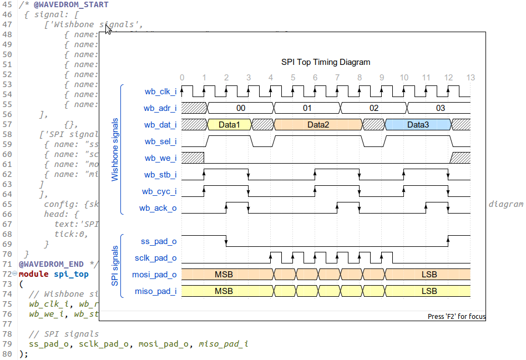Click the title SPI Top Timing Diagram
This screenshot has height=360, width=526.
pyautogui.click(x=326, y=62)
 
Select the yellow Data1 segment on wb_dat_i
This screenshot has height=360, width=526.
pyautogui.click(x=229, y=125)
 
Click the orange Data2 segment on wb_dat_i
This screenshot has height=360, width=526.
pyautogui.click(x=318, y=125)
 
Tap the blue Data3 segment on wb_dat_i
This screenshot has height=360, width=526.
pyautogui.click(x=418, y=125)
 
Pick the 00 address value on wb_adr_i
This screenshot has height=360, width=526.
pyautogui.click(x=240, y=108)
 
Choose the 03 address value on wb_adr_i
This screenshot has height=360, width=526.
pyautogui.click(x=440, y=108)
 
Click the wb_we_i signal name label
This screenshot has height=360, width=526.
pyautogui.click(x=160, y=159)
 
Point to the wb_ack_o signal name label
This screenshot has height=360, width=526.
pyautogui.click(x=158, y=209)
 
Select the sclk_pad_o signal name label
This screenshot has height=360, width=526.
pyautogui.click(x=155, y=258)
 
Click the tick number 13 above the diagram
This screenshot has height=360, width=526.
pyautogui.click(x=471, y=78)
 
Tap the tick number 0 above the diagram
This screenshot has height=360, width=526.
pyautogui.click(x=182, y=78)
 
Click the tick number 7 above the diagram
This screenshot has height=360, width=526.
pyautogui.click(x=337, y=78)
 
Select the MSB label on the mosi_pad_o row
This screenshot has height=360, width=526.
pyautogui.click(x=224, y=275)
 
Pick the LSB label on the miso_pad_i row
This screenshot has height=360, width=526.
pyautogui.click(x=429, y=291)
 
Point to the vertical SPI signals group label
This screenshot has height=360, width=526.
pyautogui.click(x=115, y=266)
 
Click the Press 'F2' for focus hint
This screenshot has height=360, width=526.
pyautogui.click(x=456, y=317)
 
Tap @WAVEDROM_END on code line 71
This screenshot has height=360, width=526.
pyautogui.click(x=51, y=264)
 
